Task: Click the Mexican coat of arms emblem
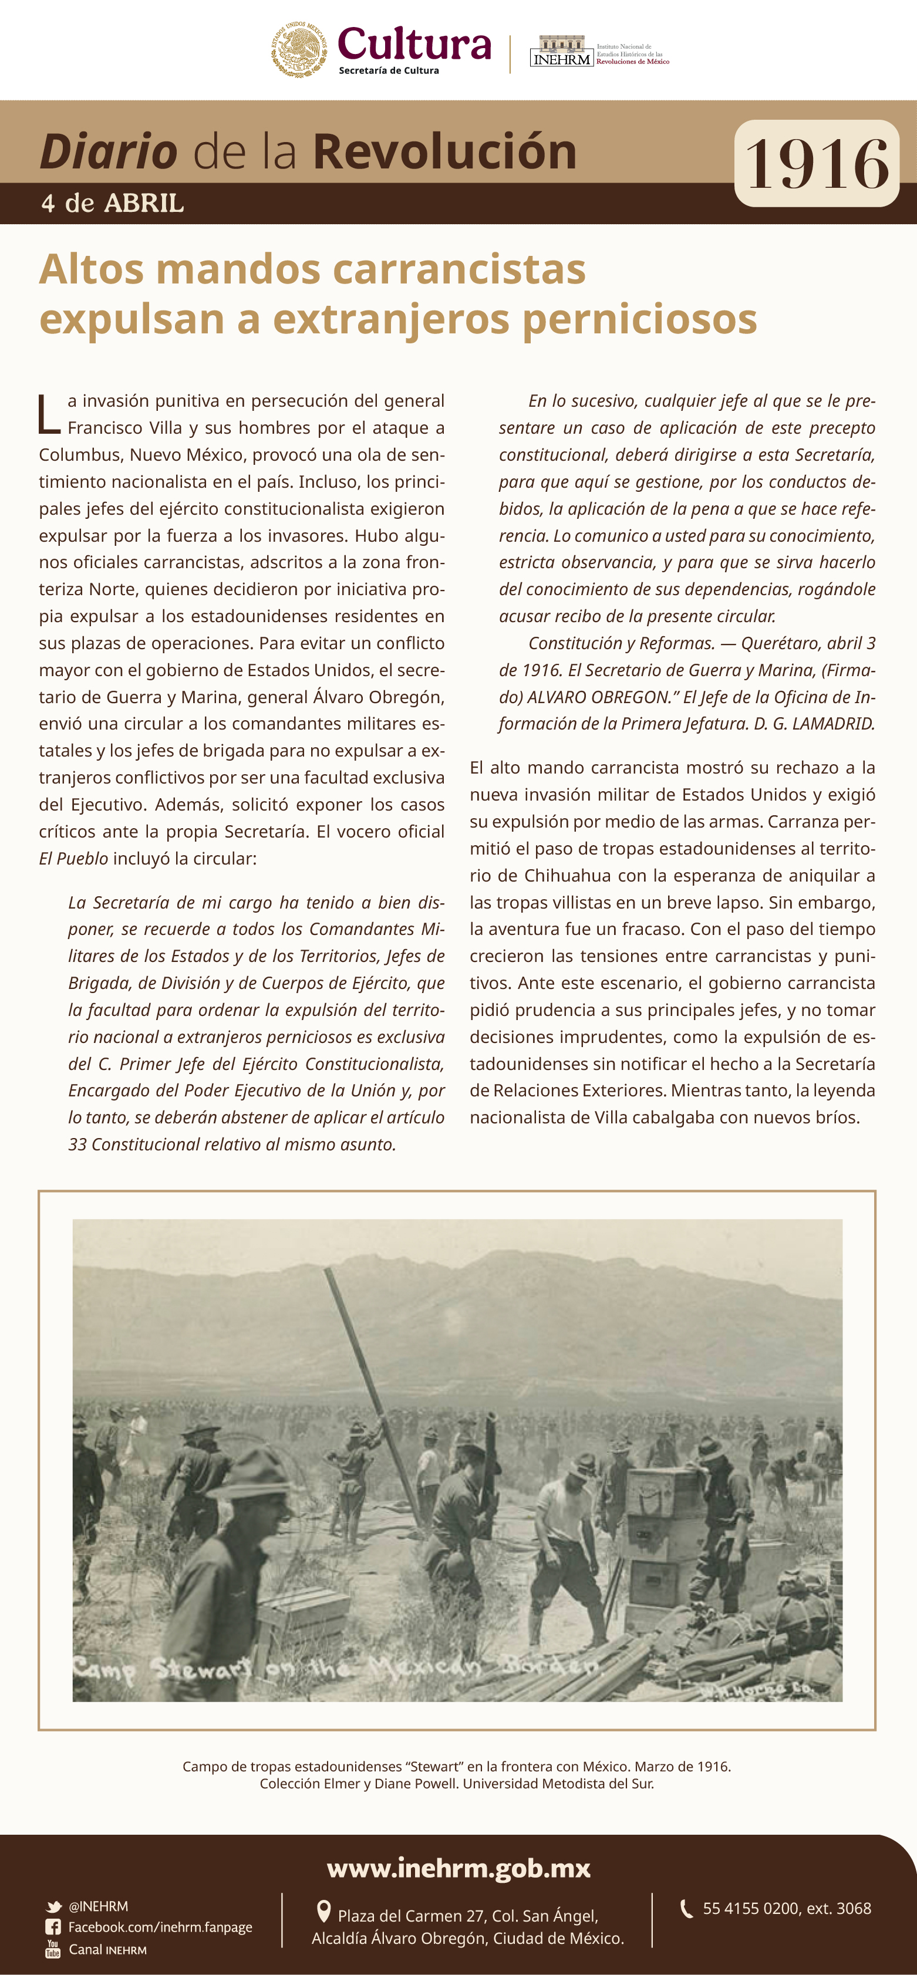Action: pos(301,50)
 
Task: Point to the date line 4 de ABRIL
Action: pos(113,203)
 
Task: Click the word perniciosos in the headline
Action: pos(639,318)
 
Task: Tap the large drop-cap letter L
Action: pos(49,414)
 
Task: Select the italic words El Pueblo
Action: pos(73,859)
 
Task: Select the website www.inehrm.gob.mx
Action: pos(458,1868)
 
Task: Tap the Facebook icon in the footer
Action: pos(53,1927)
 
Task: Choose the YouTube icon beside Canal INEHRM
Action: pos(53,1949)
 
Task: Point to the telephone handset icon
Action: pos(686,1908)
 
